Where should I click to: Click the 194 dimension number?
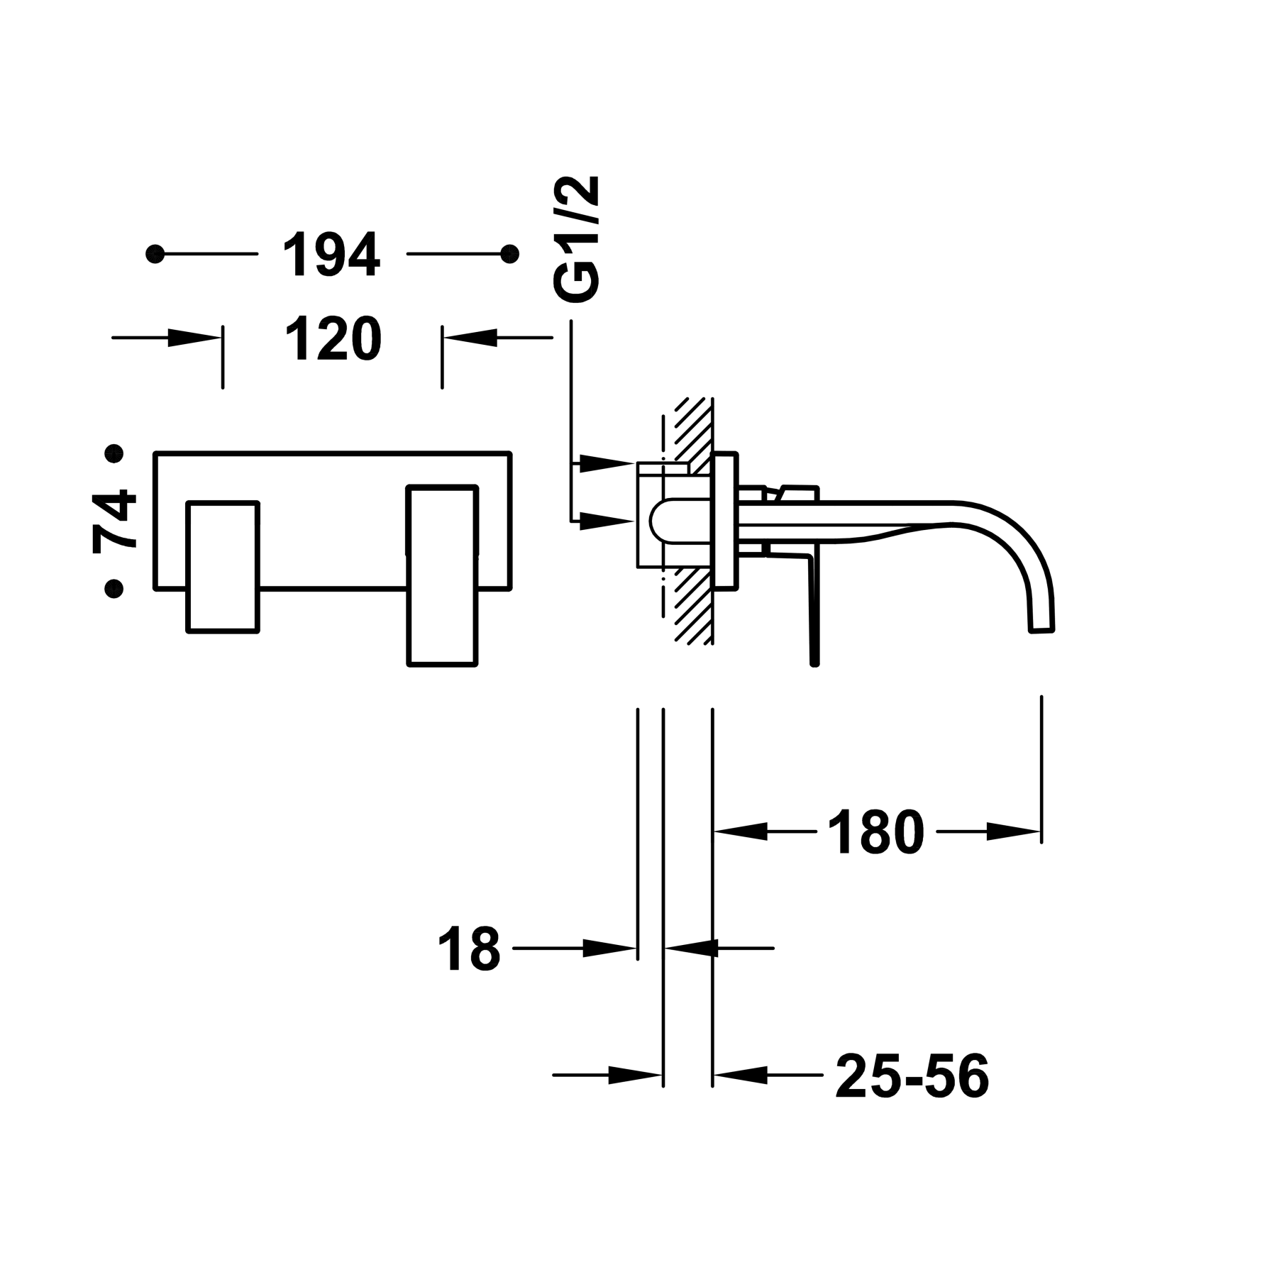tap(332, 254)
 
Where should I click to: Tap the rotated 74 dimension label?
tap(115, 520)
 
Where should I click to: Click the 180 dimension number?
tap(875, 831)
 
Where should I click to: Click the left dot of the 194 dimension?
tap(155, 253)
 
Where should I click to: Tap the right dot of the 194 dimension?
tap(509, 253)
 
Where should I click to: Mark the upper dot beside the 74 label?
tap(114, 453)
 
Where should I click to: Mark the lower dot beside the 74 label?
tap(114, 587)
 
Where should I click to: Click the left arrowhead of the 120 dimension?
tap(193, 338)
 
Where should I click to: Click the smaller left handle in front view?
tap(223, 568)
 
